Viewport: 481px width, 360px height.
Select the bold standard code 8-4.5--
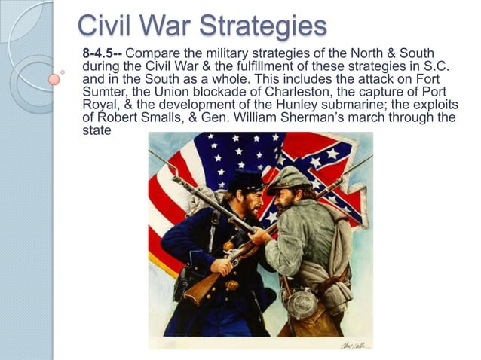point(102,52)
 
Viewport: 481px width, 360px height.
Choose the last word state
point(95,130)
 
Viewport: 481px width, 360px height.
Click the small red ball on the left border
point(54,78)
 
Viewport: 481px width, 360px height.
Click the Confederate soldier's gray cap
point(290,178)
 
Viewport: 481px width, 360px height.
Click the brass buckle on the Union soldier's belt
point(232,285)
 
